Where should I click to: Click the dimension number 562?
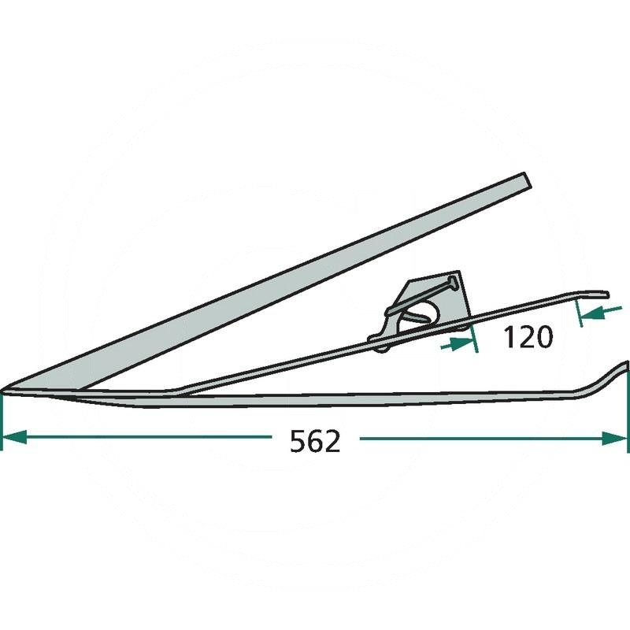315,441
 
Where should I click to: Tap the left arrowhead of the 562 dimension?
14,438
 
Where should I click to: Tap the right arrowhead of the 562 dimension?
615,438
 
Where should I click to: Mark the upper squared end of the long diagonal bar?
528,180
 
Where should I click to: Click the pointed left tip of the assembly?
2,390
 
